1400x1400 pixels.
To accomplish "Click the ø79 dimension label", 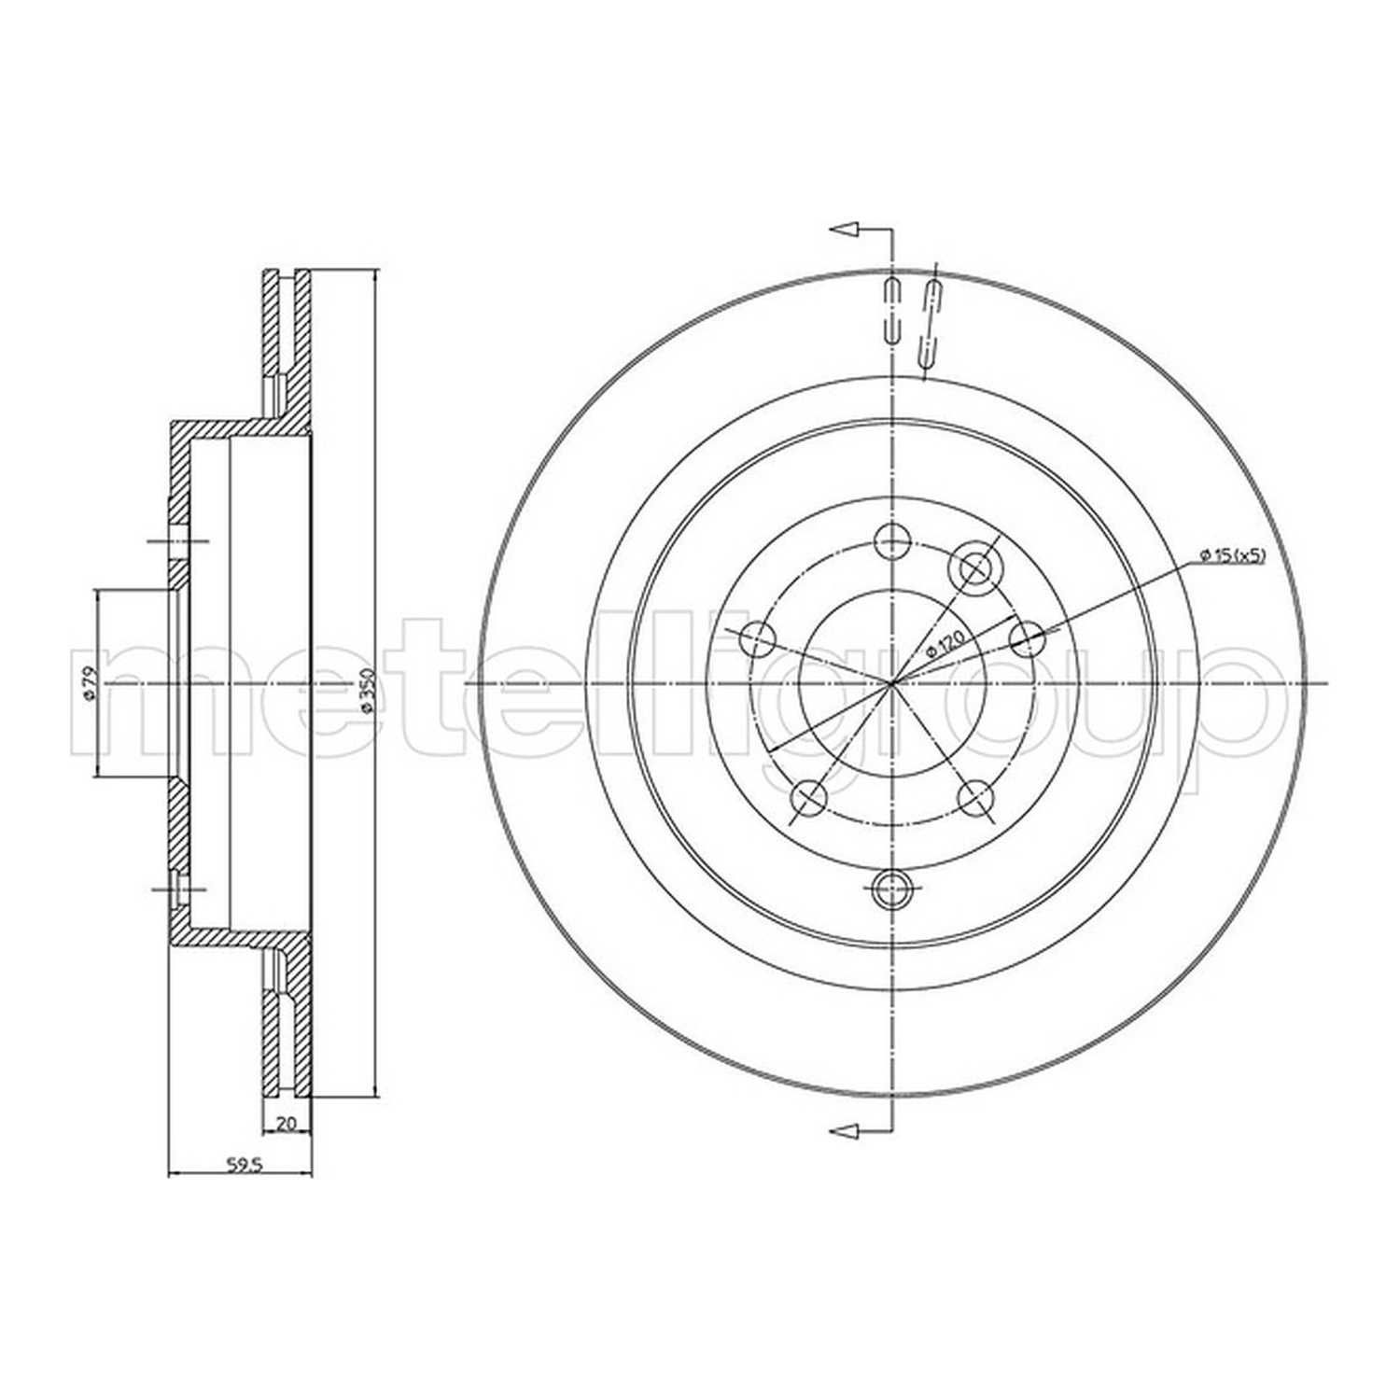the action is [x=87, y=683].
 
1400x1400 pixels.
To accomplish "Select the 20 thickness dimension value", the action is [x=287, y=1124].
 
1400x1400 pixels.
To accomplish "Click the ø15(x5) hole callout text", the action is [x=1232, y=556].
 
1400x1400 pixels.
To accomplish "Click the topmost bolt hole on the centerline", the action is [x=893, y=539].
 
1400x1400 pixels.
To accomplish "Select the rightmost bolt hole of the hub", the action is [x=1028, y=638].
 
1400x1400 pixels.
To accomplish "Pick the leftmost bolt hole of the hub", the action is [x=757, y=639].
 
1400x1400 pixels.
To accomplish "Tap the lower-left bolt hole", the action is [x=809, y=796].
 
